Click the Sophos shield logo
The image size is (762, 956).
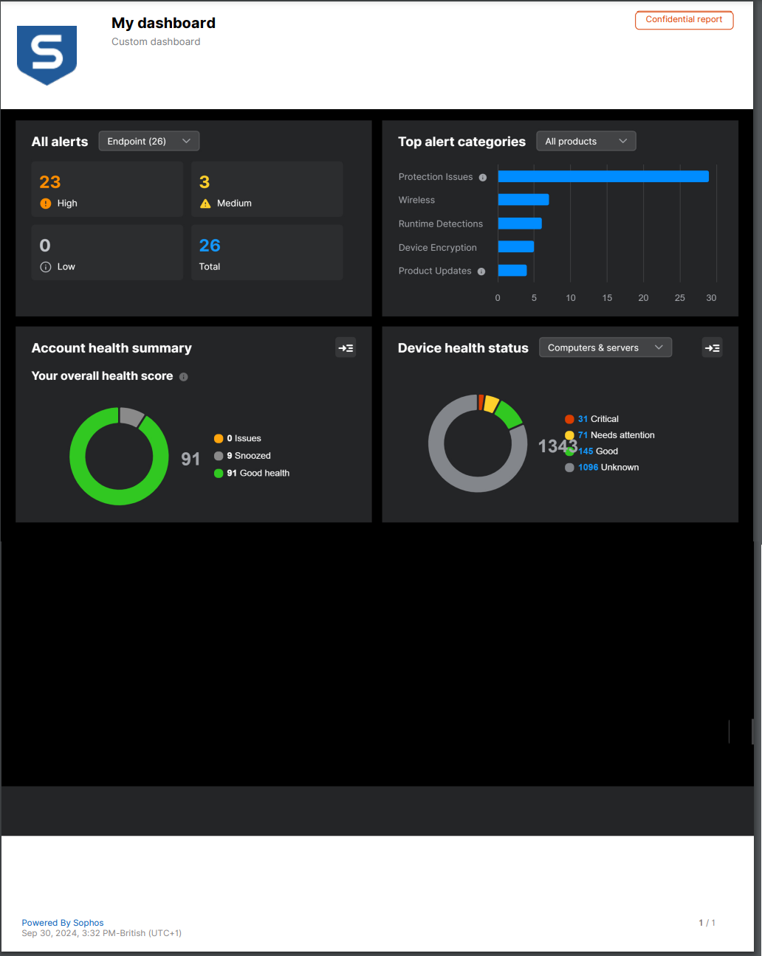47,55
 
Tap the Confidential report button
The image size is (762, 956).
684,20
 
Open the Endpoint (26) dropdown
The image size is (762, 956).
148,141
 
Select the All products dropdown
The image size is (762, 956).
586,141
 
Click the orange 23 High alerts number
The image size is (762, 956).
50,182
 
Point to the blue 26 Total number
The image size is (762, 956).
210,246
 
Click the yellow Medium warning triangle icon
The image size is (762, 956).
205,204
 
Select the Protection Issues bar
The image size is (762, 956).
603,176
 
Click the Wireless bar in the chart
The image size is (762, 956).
523,200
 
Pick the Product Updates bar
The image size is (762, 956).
512,271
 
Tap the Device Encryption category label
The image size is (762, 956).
437,248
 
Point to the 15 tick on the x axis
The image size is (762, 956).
607,298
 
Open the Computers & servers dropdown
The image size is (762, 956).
605,347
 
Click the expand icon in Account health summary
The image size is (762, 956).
346,348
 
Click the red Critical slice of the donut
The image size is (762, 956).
481,402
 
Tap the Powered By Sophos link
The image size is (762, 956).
63,923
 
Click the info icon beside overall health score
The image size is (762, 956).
184,377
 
